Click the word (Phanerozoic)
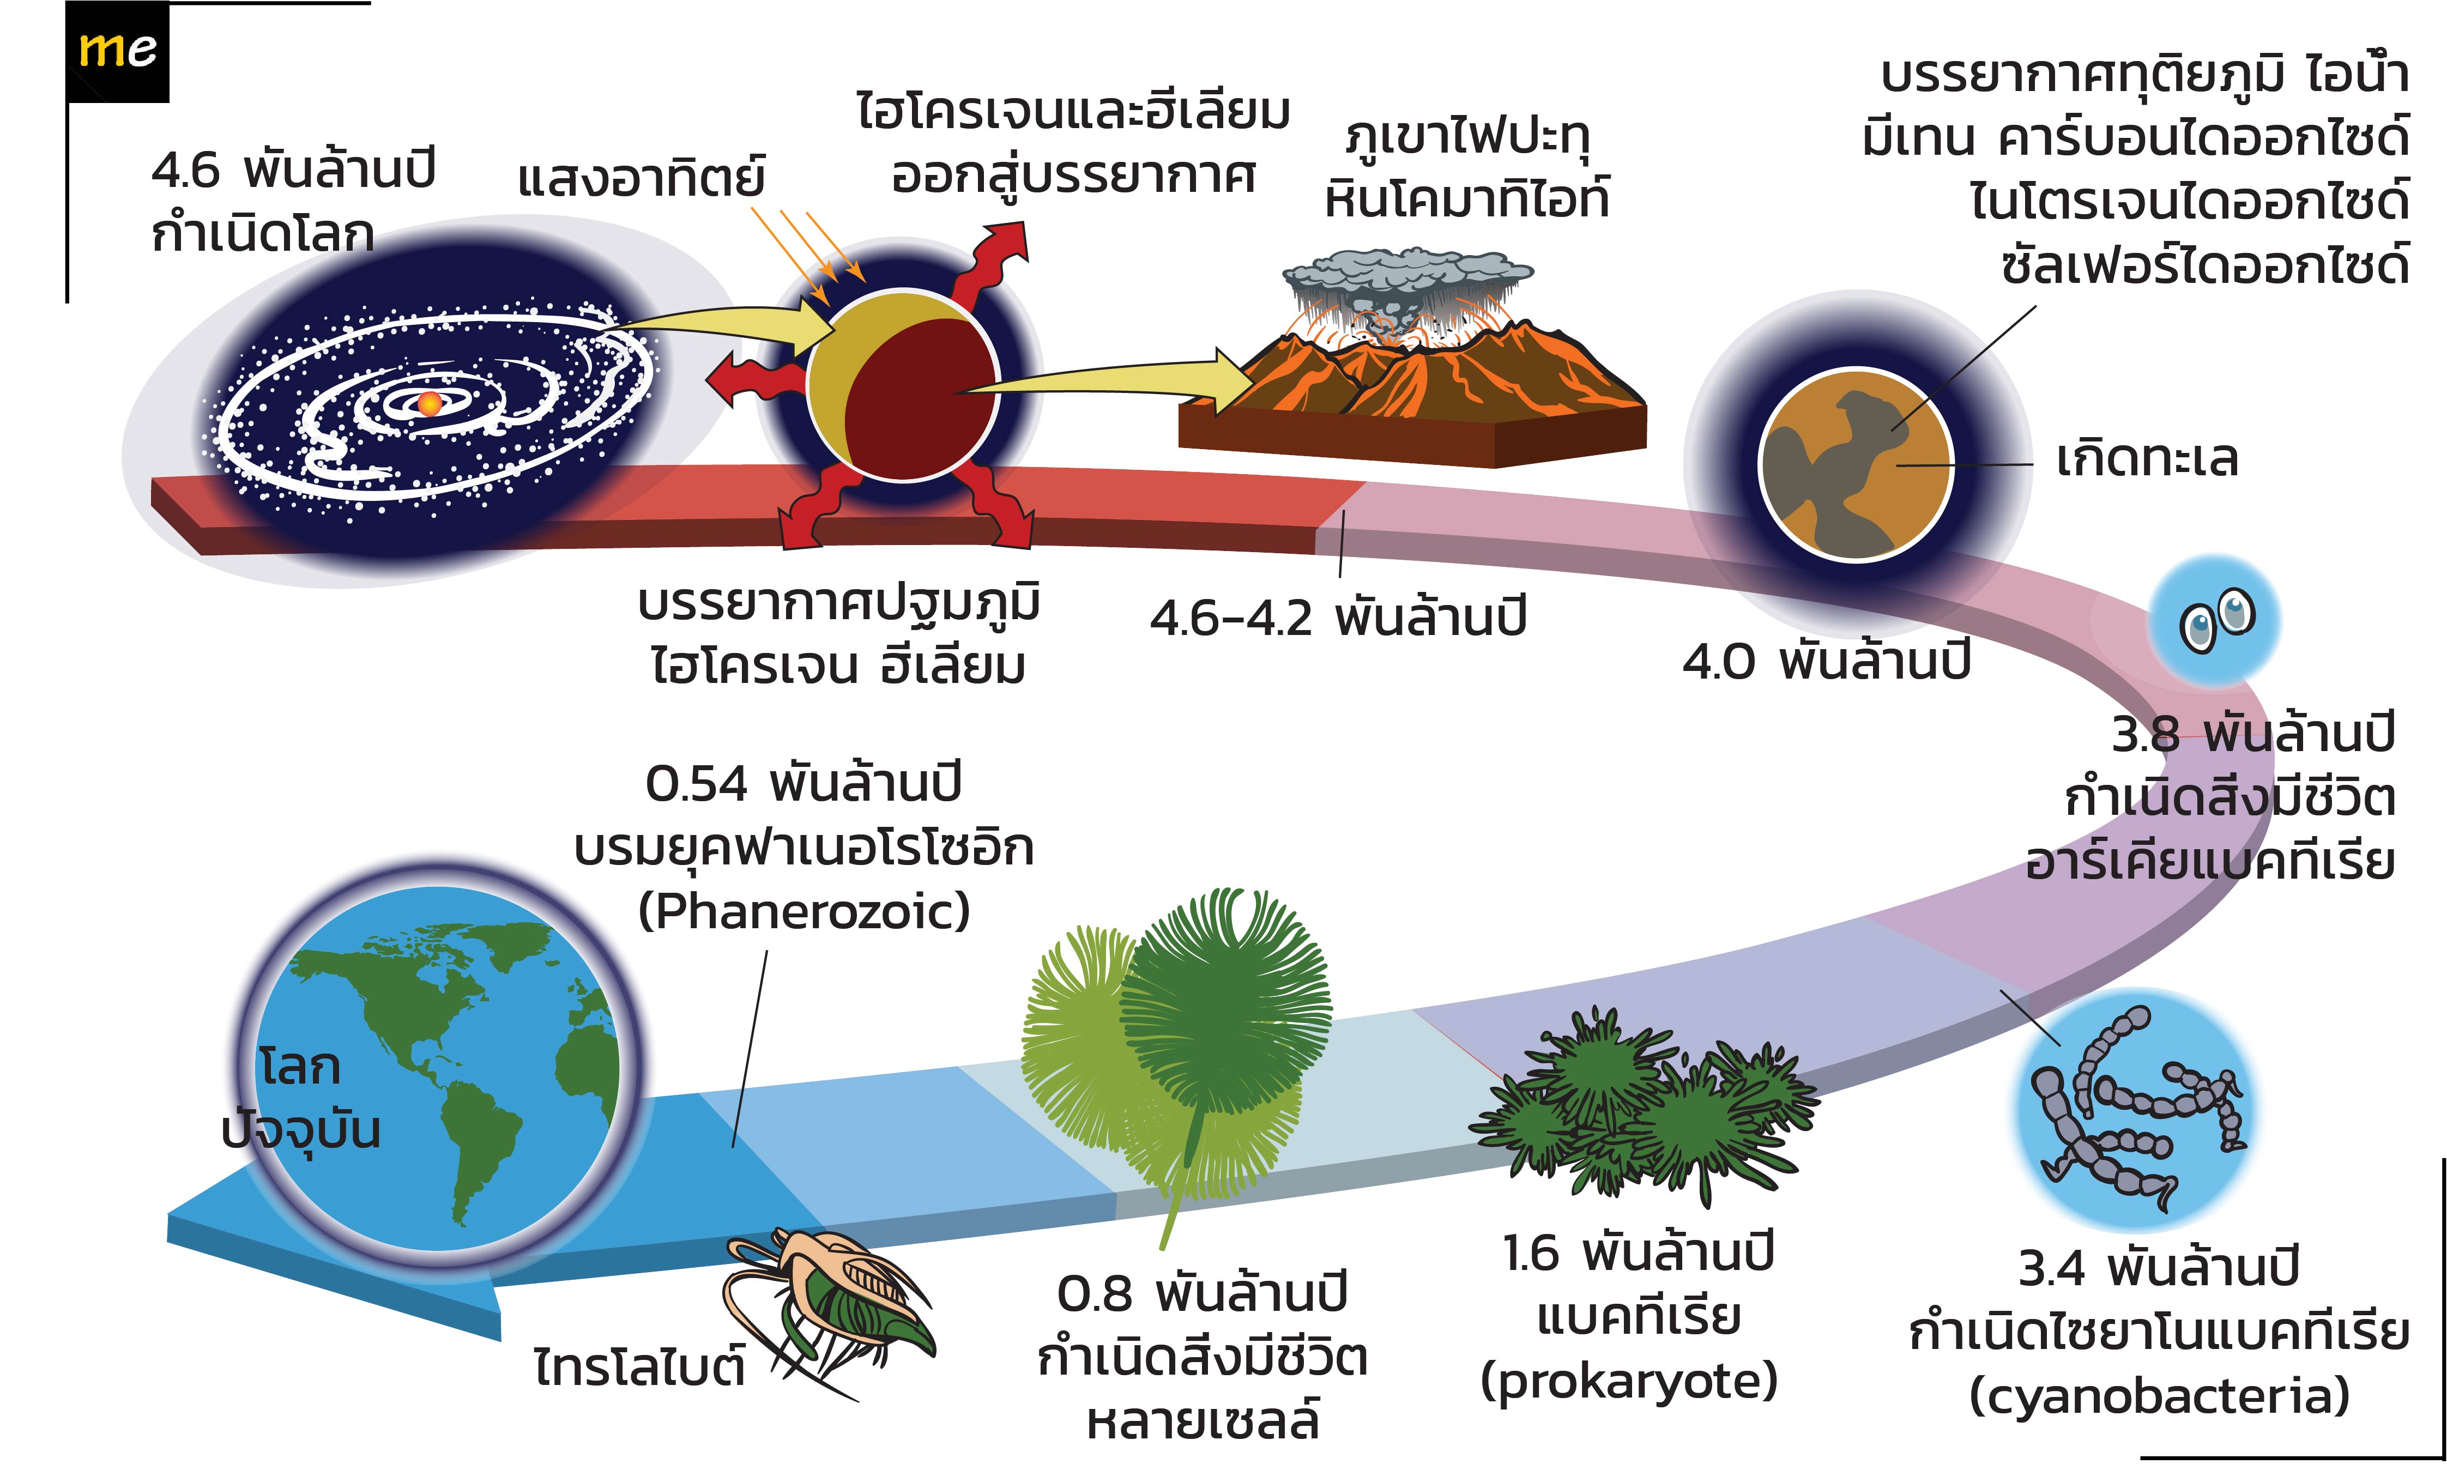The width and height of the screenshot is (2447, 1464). click(x=804, y=911)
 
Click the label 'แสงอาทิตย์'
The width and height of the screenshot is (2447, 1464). click(x=642, y=179)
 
